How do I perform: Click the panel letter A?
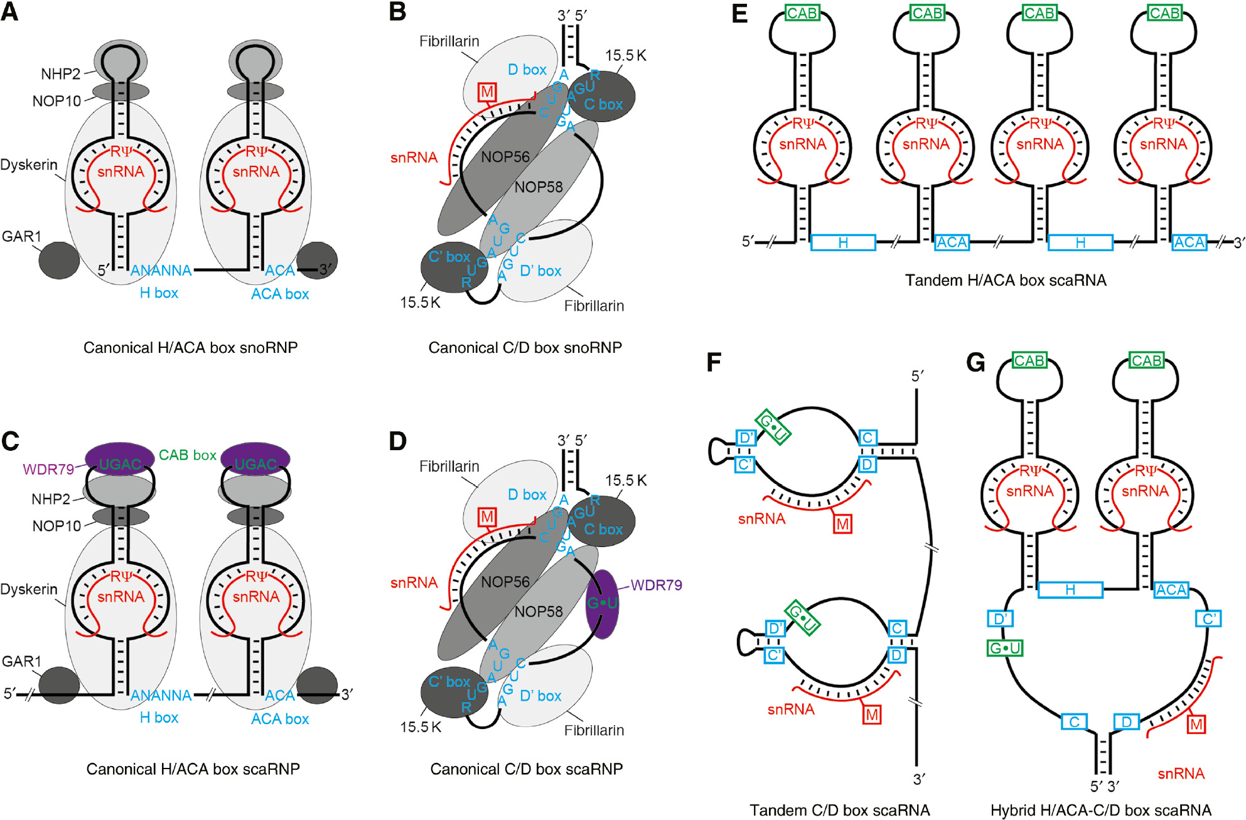9,12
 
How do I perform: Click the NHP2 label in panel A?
60,74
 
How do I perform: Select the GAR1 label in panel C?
21,661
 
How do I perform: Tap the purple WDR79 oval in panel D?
602,604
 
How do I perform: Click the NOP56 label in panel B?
505,157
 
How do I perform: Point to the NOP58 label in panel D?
539,612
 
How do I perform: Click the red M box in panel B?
487,92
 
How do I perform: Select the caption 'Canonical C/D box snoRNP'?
525,348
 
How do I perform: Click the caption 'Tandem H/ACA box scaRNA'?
1006,280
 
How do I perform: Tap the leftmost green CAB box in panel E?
802,13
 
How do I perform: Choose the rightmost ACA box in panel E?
1189,242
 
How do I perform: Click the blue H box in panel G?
1070,590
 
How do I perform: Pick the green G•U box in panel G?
1005,648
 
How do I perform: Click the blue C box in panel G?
1074,722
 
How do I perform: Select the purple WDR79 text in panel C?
48,470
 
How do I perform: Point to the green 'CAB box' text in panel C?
187,455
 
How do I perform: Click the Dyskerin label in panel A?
29,165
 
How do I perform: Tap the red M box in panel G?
1196,725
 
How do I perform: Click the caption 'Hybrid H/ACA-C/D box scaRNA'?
1101,810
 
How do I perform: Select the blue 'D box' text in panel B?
527,70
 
